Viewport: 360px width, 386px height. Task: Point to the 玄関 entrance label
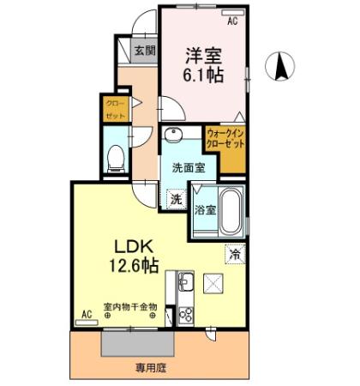tap(144, 51)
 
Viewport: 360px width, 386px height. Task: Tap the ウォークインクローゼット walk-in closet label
tap(225, 138)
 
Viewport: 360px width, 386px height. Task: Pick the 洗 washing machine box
tap(175, 198)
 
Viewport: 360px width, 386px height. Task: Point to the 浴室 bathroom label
tap(204, 209)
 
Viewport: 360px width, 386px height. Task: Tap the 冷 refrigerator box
tap(234, 253)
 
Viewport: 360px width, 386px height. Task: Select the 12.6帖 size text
tap(131, 265)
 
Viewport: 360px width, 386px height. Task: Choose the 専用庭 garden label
tap(150, 369)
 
